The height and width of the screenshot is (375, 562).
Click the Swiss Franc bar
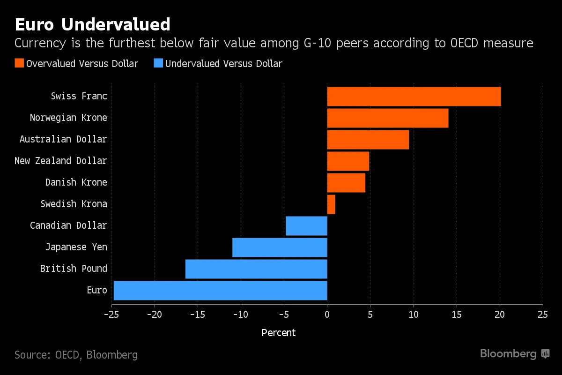pyautogui.click(x=414, y=96)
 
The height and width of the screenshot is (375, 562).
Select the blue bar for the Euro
pyautogui.click(x=220, y=290)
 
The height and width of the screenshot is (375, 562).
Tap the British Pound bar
pyautogui.click(x=256, y=269)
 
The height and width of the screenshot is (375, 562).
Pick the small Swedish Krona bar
pyautogui.click(x=331, y=204)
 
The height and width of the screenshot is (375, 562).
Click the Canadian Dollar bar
pyautogui.click(x=306, y=225)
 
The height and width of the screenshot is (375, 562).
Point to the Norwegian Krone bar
pyautogui.click(x=387, y=118)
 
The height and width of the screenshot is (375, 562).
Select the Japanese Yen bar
pyautogui.click(x=280, y=247)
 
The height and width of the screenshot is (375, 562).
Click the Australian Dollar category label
pyautogui.click(x=63, y=139)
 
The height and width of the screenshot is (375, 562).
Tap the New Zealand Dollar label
pyautogui.click(x=60, y=161)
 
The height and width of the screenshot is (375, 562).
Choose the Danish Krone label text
pyautogui.click(x=76, y=182)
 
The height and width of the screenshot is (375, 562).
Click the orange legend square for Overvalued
pyautogui.click(x=19, y=63)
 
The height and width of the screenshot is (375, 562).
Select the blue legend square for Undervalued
pyautogui.click(x=158, y=63)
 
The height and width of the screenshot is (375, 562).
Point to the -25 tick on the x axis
pyautogui.click(x=111, y=314)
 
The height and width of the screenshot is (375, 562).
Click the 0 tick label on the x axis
pyautogui.click(x=327, y=314)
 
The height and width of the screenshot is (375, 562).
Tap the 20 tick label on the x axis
pyautogui.click(x=499, y=314)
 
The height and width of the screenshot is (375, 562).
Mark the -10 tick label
pyautogui.click(x=240, y=314)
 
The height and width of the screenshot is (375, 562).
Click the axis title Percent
pyautogui.click(x=279, y=333)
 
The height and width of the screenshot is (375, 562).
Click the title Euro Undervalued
pyautogui.click(x=92, y=24)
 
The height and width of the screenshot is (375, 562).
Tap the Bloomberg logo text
pyautogui.click(x=508, y=353)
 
